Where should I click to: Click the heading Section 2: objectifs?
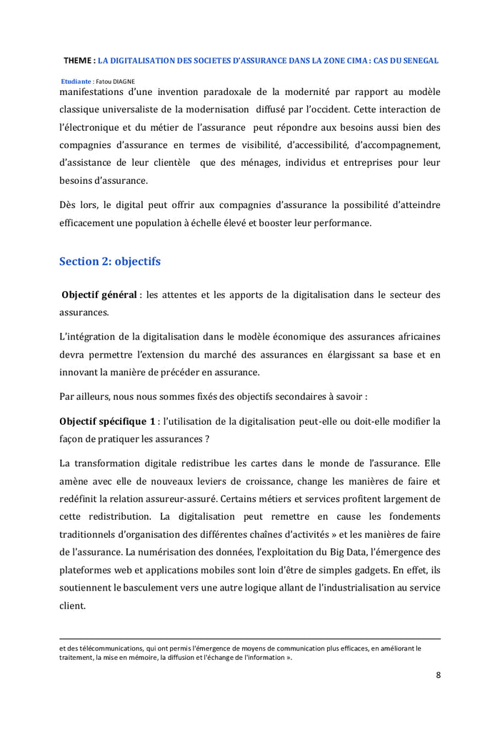coord(110,261)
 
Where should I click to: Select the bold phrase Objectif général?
coord(99,295)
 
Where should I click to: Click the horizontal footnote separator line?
coord(250,638)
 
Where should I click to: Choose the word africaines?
coord(412,336)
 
